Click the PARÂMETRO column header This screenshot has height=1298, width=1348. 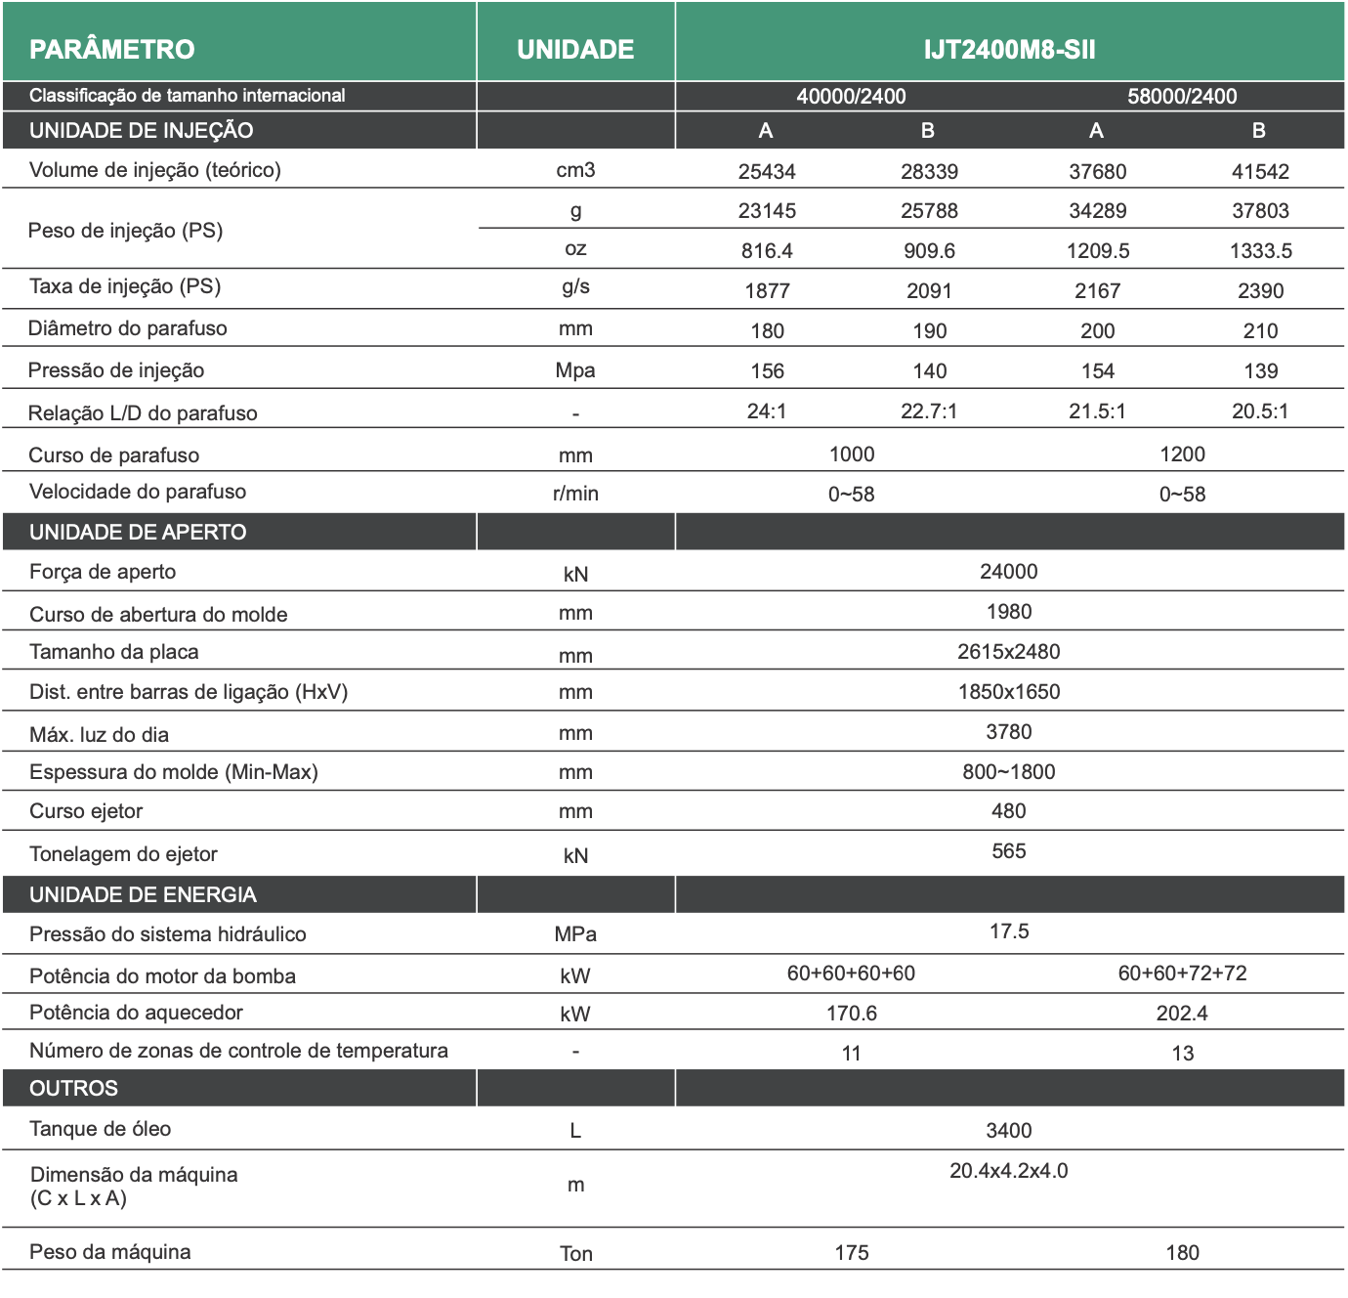coord(111,49)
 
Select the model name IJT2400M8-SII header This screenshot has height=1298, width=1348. coord(1009,49)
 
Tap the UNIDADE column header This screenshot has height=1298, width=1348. coord(575,49)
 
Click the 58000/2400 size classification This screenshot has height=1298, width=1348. coord(1182,96)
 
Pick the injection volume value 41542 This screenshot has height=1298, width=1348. coord(1260,172)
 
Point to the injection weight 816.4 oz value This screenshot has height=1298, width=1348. coord(767,251)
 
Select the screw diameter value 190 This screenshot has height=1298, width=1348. coord(929,331)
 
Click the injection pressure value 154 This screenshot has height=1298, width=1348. coord(1097,371)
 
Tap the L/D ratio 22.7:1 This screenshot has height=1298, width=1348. coord(929,411)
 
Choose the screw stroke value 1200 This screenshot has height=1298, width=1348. coord(1182,454)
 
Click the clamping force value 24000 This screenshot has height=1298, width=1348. coord(1009,572)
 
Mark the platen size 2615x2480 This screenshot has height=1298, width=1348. coord(1009,652)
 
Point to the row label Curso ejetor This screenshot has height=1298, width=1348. coord(86,811)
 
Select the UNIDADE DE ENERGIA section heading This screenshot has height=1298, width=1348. coord(143,894)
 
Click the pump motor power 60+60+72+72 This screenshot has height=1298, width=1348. coord(1182,973)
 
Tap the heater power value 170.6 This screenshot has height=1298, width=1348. coord(851,1014)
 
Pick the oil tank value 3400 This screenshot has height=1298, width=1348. coord(1009,1131)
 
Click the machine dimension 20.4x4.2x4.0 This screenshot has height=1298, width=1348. coord(1009,1171)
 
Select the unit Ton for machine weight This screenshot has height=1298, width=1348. coord(575,1254)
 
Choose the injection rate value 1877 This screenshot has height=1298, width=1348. coord(767,291)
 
